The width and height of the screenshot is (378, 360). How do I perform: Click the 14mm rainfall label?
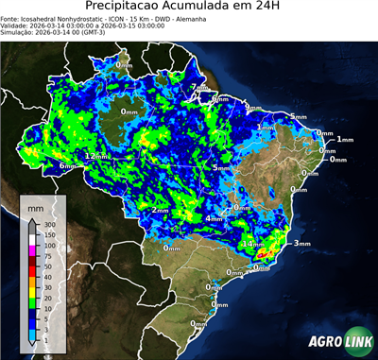(x=253, y=244)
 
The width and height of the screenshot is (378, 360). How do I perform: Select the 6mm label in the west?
(x=68, y=166)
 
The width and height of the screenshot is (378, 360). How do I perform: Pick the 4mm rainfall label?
(x=215, y=218)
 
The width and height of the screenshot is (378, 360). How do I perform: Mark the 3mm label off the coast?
(x=302, y=244)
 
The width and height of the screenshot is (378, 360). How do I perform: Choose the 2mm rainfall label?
(x=161, y=210)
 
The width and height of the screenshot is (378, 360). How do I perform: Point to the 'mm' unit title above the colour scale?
(x=36, y=206)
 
